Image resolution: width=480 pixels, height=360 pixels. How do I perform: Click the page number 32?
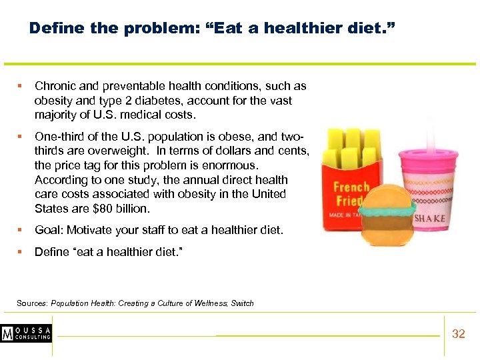[458, 334]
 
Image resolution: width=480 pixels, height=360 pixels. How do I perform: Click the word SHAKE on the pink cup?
[429, 219]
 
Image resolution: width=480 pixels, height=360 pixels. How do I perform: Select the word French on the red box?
[351, 187]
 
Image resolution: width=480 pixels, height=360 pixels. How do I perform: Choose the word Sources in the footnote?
[31, 303]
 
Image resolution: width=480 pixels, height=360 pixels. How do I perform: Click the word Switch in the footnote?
[243, 303]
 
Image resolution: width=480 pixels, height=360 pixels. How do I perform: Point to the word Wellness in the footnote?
[210, 303]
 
